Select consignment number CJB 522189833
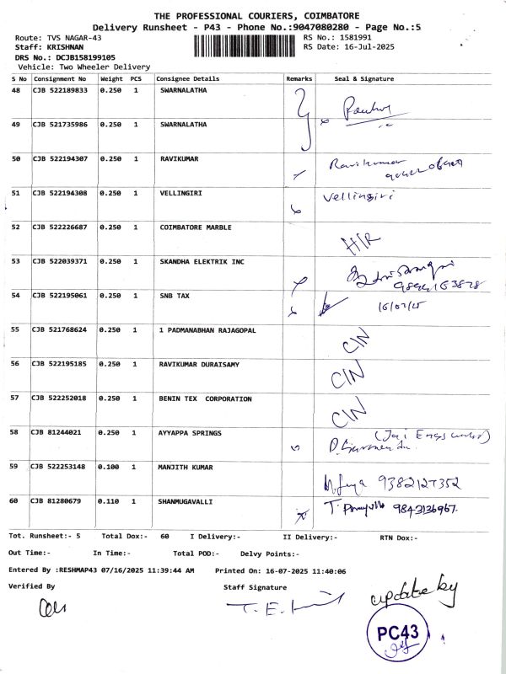[60, 90]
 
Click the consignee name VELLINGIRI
[179, 193]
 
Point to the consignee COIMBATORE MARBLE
[196, 227]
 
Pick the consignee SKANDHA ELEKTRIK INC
[202, 261]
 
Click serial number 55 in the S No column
[16, 329]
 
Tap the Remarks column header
[299, 78]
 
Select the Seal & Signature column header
[364, 78]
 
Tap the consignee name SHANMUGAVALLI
[186, 500]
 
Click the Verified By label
[31, 585]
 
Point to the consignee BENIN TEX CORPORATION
[206, 398]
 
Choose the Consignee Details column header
[188, 78]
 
